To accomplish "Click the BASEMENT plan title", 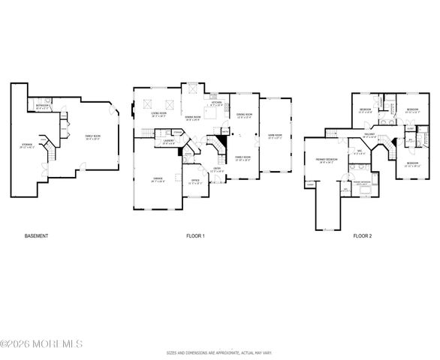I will pyautogui.click(x=36, y=236).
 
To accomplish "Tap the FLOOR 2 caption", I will pyautogui.click(x=362, y=236).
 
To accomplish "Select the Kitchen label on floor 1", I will pyautogui.click(x=215, y=105).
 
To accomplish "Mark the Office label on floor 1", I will pyautogui.click(x=194, y=179).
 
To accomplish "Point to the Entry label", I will pyautogui.click(x=217, y=169).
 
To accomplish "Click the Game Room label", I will pyautogui.click(x=274, y=136).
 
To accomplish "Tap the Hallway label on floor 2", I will pyautogui.click(x=369, y=136).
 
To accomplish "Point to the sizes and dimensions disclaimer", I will pyautogui.click(x=219, y=352).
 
